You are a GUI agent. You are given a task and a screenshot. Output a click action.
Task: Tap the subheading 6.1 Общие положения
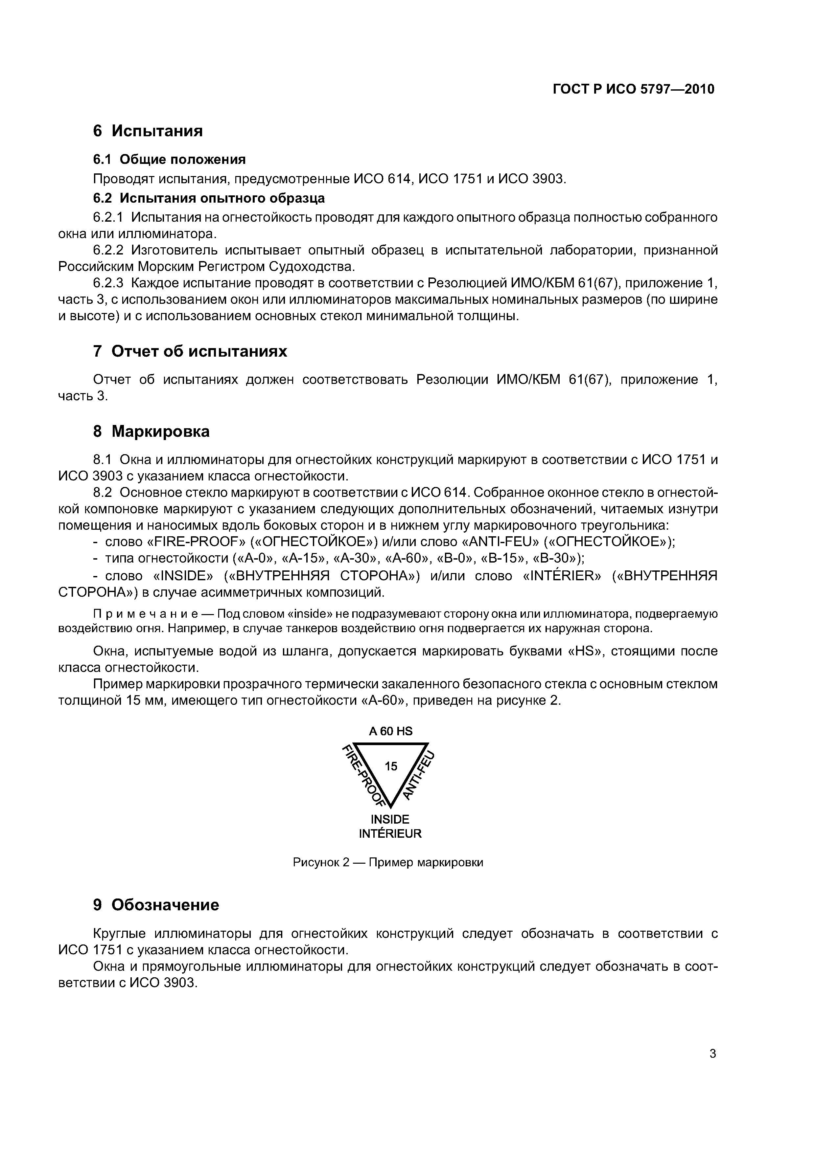(x=169, y=160)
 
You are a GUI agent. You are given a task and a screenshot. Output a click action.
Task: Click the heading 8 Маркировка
(x=151, y=431)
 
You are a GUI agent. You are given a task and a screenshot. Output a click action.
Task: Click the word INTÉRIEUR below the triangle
(x=390, y=833)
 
